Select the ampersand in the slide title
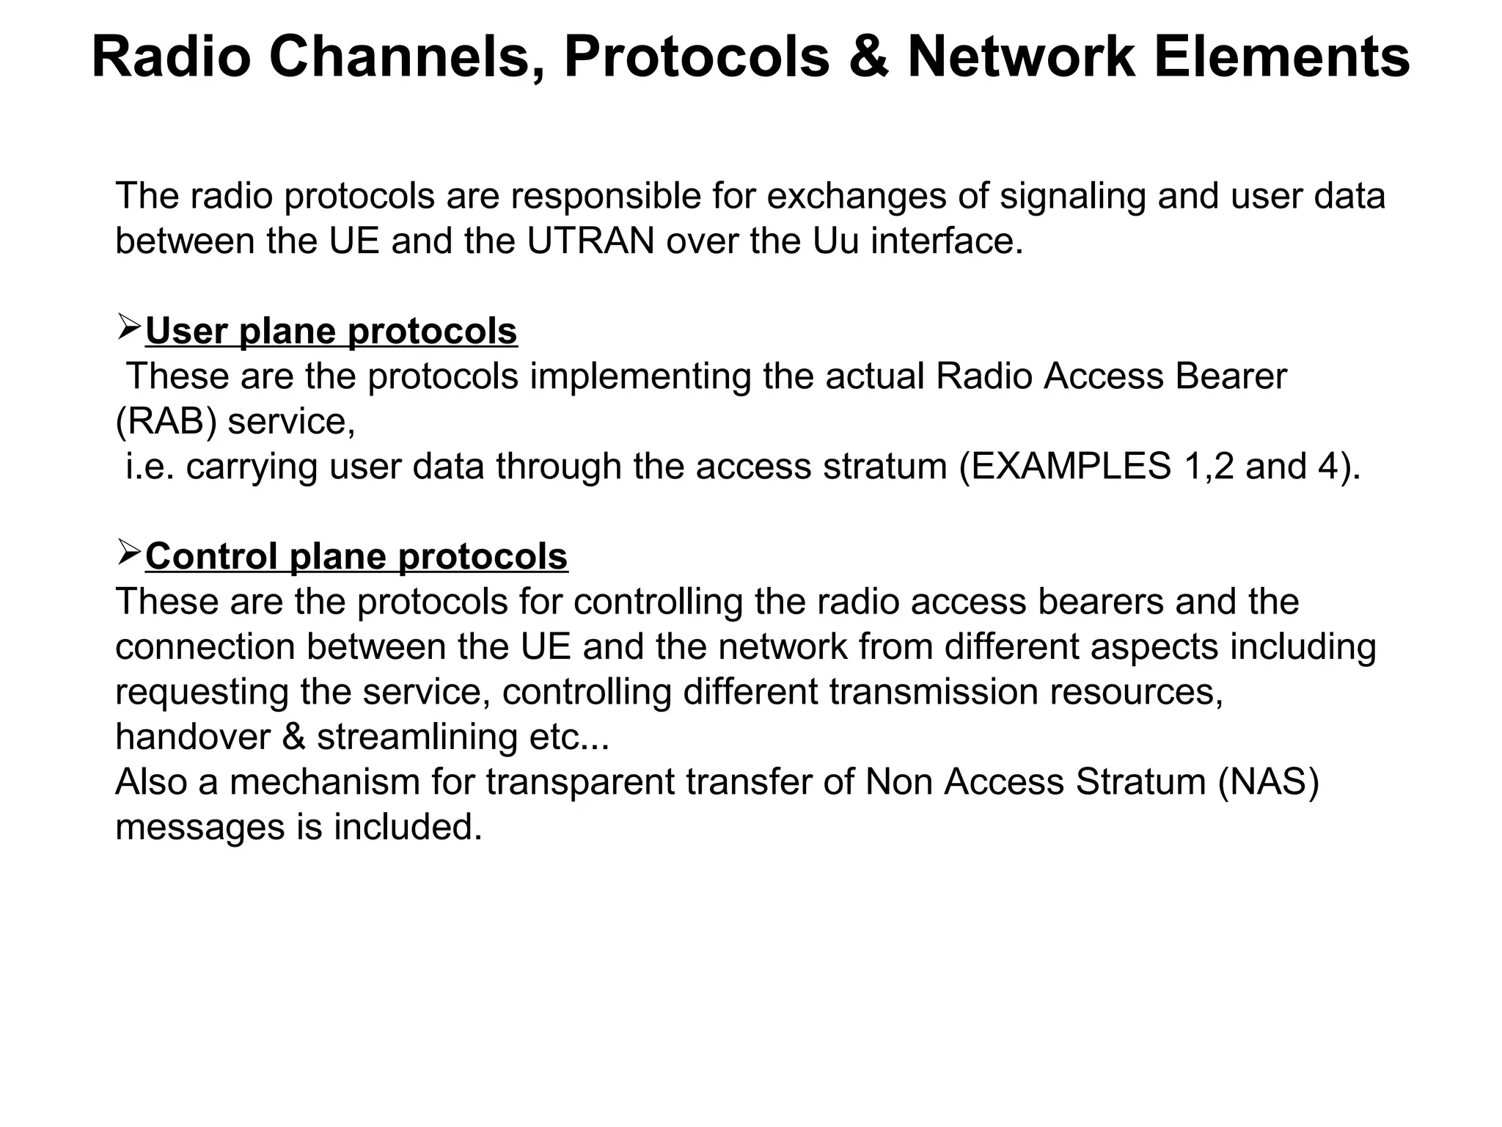(x=868, y=57)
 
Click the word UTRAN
(x=590, y=241)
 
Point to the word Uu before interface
(x=835, y=241)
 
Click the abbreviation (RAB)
(x=166, y=422)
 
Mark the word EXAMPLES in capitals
(x=1065, y=467)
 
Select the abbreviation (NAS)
(x=1269, y=782)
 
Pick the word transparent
(x=580, y=782)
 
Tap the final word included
(x=408, y=828)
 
